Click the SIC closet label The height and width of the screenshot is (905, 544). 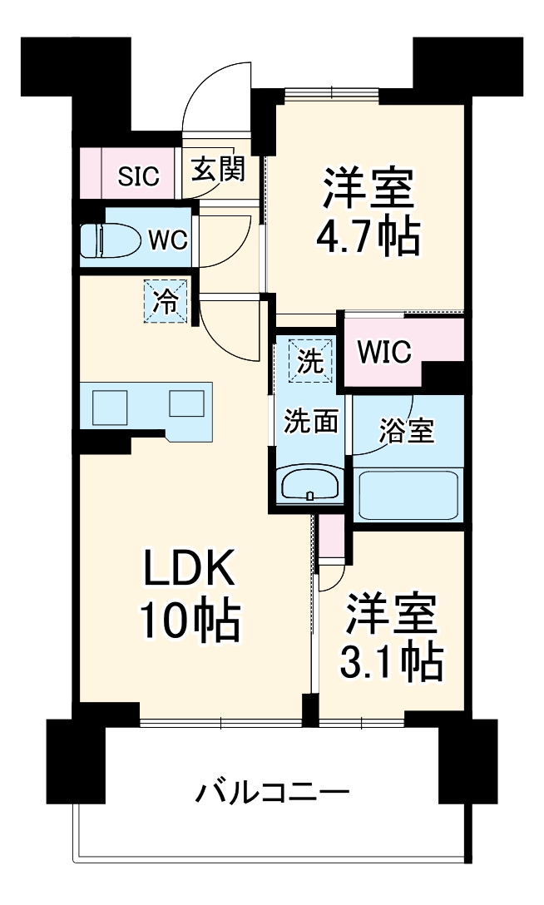137,176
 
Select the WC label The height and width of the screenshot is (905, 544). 167,240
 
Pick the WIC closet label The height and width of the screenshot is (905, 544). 384,353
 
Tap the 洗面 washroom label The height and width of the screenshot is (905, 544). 311,422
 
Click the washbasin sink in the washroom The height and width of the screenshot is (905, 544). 309,485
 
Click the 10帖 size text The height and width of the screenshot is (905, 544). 190,620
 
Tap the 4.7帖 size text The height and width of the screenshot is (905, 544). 367,238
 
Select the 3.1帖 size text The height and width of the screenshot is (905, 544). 390,661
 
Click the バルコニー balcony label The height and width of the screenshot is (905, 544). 272,791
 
